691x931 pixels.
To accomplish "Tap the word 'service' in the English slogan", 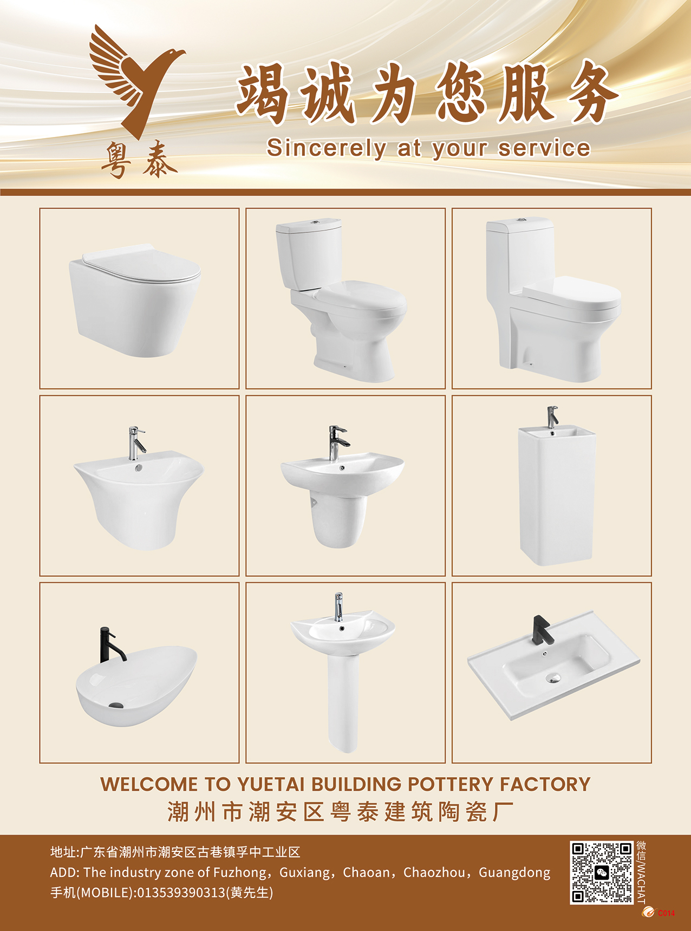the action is click(x=544, y=148).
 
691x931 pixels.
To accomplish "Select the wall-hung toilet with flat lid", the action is click(x=135, y=300).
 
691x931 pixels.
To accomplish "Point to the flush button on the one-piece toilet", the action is click(x=521, y=220).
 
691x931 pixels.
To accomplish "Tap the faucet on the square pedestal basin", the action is click(x=552, y=416).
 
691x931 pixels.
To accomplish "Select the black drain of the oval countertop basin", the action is click(x=116, y=705).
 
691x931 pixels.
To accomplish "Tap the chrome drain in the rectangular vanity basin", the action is click(x=553, y=677).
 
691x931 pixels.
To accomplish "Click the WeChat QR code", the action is click(x=602, y=873).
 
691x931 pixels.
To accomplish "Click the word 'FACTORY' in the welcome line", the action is click(x=545, y=784).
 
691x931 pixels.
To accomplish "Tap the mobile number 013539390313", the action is click(x=181, y=893).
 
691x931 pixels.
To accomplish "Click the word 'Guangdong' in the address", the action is click(x=514, y=873).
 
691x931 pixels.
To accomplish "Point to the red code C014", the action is click(x=666, y=913).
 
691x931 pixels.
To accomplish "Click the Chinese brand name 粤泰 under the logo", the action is click(x=139, y=160).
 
